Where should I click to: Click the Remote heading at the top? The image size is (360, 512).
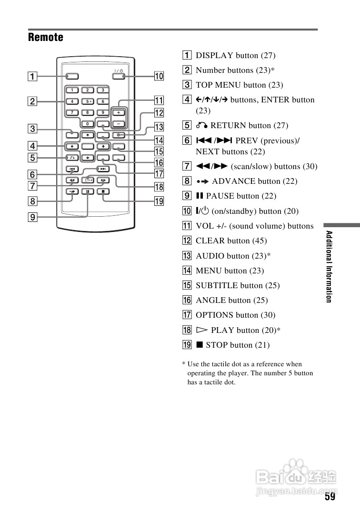click(x=46, y=37)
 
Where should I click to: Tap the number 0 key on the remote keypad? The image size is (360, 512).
click(x=88, y=124)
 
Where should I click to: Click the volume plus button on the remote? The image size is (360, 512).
click(x=118, y=113)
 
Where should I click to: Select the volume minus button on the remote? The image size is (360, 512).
click(x=118, y=124)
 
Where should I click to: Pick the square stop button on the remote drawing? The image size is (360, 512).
click(x=103, y=191)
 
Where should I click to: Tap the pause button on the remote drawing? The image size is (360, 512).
click(x=88, y=191)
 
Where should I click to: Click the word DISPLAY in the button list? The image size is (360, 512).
click(x=214, y=56)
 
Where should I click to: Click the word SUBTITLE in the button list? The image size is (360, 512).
click(x=217, y=286)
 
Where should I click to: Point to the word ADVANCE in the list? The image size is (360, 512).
click(x=232, y=181)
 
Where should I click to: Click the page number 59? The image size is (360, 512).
click(x=330, y=497)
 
